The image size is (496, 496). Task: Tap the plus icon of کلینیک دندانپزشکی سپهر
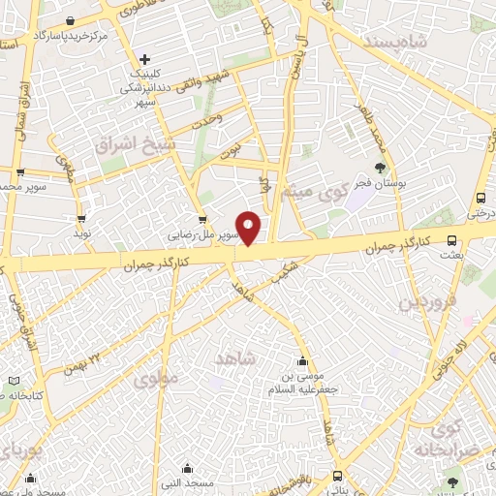(x=144, y=58)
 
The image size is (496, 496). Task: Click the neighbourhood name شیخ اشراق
(x=124, y=145)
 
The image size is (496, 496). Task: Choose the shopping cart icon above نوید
(x=80, y=218)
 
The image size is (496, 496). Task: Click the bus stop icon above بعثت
(x=451, y=241)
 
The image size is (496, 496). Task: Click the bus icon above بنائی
(x=336, y=476)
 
